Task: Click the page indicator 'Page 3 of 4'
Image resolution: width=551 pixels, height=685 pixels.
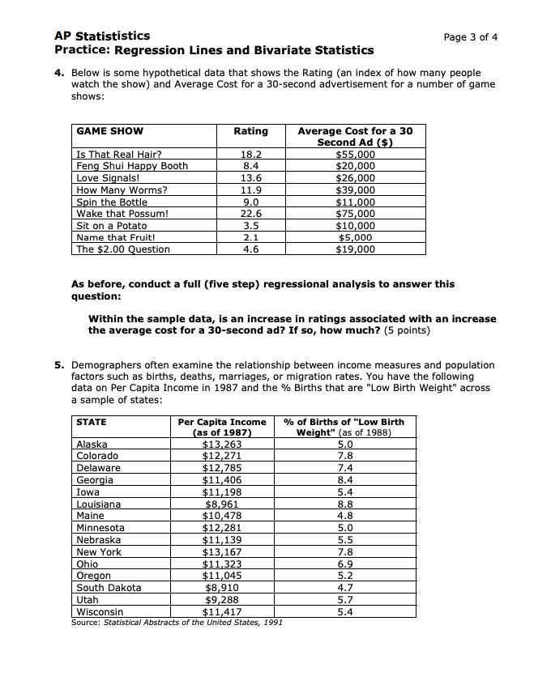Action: [471, 37]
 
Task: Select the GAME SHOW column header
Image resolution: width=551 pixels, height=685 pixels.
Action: [109, 131]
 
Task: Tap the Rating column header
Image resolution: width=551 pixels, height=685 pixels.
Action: [250, 131]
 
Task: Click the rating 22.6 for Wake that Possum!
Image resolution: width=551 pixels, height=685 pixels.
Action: [250, 214]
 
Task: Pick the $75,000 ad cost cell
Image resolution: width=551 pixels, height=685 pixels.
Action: [356, 214]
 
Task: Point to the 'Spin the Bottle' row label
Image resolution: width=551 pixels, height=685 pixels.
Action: [112, 202]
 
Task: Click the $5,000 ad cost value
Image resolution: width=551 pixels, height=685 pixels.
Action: [356, 237]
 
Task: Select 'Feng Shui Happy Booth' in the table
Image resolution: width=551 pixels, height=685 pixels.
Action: [132, 166]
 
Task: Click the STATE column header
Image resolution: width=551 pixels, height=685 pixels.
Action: [91, 422]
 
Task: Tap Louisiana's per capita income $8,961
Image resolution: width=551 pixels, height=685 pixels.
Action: [222, 504]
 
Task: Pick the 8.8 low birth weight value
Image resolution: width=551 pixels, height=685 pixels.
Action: [345, 504]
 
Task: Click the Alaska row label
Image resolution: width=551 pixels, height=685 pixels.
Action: [92, 444]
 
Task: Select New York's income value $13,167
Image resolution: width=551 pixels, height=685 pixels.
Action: [222, 552]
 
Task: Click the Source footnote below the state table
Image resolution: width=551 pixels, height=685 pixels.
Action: [171, 623]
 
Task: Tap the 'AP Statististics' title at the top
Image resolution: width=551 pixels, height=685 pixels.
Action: [102, 36]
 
